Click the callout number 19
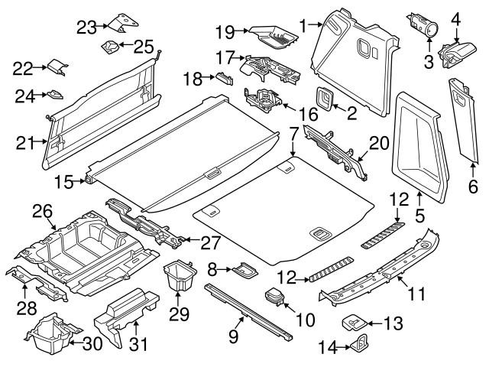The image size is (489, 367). [224, 32]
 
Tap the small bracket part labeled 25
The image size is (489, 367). [112, 48]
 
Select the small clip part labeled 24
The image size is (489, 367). [55, 96]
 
